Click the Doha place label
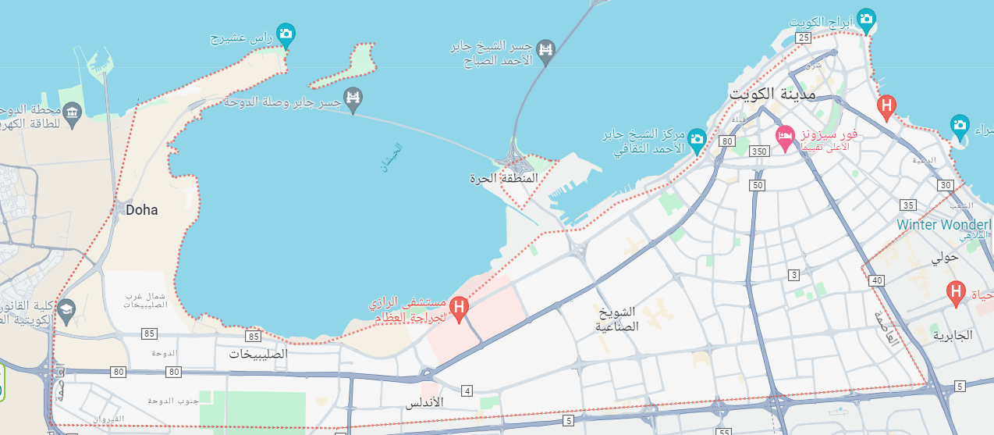141,210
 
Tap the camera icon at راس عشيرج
286,33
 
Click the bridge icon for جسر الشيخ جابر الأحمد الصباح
547,49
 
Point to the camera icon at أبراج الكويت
865,18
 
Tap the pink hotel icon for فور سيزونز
784,137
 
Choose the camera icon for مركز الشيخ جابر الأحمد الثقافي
698,139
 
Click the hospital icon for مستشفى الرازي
460,306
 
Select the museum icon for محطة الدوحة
73,112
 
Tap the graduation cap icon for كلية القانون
66,308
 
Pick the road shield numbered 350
758,152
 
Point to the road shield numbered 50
758,185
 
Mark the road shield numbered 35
907,205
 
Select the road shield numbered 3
794,275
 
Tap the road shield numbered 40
878,280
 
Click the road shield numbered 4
467,390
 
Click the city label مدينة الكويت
772,94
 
